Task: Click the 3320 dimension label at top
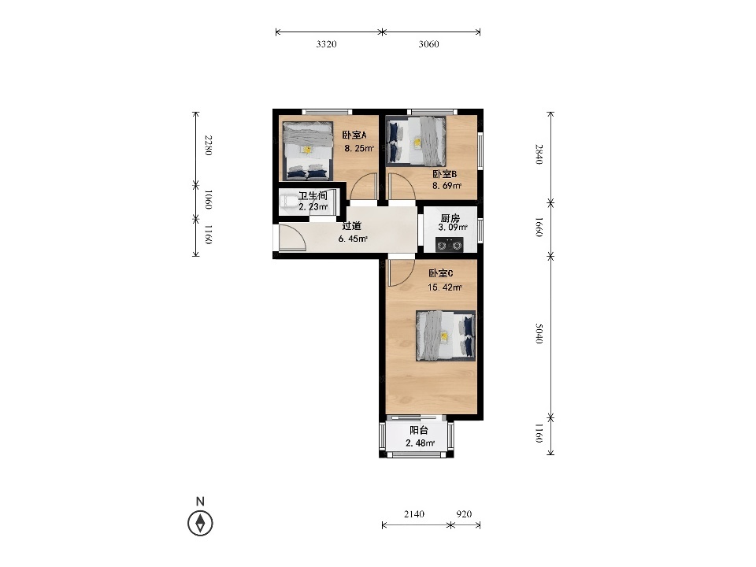pyautogui.click(x=326, y=44)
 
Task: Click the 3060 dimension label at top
pyautogui.click(x=428, y=44)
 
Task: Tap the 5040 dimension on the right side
pyautogui.click(x=539, y=334)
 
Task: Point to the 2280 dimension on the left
pyautogui.click(x=208, y=145)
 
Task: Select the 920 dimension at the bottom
pyautogui.click(x=464, y=514)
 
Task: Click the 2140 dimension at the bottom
pyautogui.click(x=414, y=514)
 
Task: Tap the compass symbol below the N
pyautogui.click(x=200, y=523)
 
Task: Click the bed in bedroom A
pyautogui.click(x=308, y=150)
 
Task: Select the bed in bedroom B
pyautogui.click(x=416, y=141)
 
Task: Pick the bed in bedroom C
pyautogui.click(x=446, y=335)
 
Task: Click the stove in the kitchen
pyautogui.click(x=450, y=245)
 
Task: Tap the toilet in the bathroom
pyautogui.click(x=291, y=202)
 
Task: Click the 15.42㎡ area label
pyautogui.click(x=445, y=287)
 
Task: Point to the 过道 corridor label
pyautogui.click(x=351, y=226)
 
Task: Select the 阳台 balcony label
pyautogui.click(x=418, y=431)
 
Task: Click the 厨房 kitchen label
pyautogui.click(x=450, y=218)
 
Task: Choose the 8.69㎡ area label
pyautogui.click(x=447, y=186)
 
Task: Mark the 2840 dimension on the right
pyautogui.click(x=539, y=154)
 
